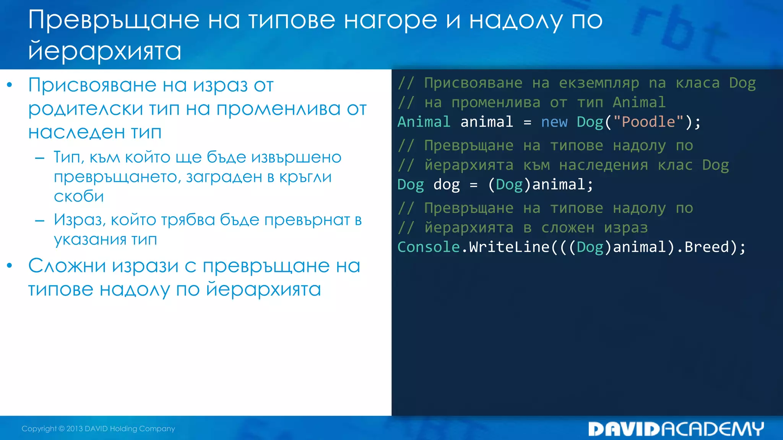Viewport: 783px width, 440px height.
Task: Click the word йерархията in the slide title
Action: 104,51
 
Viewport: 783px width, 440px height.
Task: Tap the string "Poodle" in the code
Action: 648,122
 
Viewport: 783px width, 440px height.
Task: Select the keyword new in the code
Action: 554,122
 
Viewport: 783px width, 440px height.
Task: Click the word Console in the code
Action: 428,247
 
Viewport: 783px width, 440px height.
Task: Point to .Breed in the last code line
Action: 703,247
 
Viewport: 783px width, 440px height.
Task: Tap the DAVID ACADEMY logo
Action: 676,429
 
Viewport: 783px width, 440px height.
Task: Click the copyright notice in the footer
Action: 98,429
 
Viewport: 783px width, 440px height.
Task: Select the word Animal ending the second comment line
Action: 639,103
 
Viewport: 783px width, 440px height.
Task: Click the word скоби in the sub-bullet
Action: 79,196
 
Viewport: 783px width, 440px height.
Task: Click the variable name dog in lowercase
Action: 446,185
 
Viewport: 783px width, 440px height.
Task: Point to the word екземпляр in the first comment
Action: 599,83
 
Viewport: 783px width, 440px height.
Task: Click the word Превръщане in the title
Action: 114,20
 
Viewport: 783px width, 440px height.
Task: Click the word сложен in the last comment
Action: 567,228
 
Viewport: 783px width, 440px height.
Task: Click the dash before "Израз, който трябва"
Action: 40,220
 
